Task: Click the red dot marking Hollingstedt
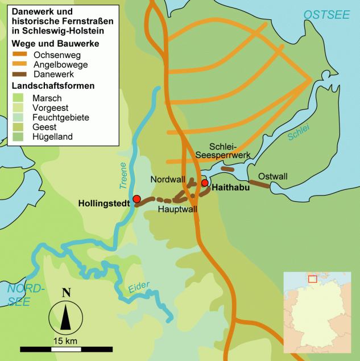click(x=137, y=198)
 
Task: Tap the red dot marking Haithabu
click(x=205, y=182)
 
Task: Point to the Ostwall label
click(x=272, y=176)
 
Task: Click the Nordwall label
click(x=168, y=179)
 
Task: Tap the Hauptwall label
click(x=177, y=209)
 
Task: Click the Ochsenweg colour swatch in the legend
click(x=21, y=55)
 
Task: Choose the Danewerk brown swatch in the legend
click(x=21, y=74)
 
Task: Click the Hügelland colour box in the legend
click(x=19, y=137)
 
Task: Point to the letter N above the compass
click(x=67, y=293)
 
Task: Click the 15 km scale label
click(x=67, y=341)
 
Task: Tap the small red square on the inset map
click(x=312, y=279)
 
